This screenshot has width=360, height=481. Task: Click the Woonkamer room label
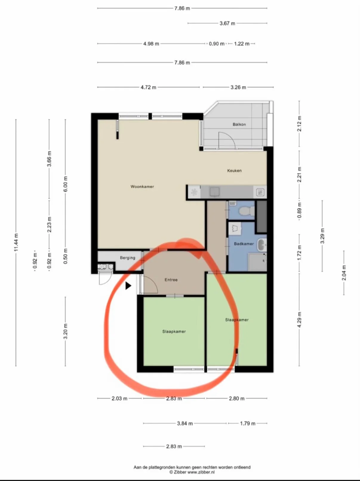[142, 187]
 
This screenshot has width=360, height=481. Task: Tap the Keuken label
[234, 170]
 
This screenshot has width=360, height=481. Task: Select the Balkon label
[239, 124]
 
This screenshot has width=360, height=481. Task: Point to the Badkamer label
[244, 244]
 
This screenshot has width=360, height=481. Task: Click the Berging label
[127, 258]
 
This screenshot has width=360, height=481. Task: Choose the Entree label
[171, 280]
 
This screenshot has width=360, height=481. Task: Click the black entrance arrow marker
[128, 286]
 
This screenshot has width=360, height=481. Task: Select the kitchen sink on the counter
[215, 192]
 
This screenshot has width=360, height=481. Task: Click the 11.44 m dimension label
[16, 242]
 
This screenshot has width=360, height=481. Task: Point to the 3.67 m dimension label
[227, 23]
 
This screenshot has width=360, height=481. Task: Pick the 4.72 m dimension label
[148, 87]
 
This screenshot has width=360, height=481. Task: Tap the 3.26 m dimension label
[238, 87]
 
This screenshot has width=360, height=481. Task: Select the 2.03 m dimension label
[119, 398]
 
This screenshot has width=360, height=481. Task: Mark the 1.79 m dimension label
[248, 423]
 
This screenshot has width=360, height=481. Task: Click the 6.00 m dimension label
[65, 184]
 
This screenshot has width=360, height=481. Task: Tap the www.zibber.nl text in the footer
[201, 472]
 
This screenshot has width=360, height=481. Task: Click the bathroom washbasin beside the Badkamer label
[262, 245]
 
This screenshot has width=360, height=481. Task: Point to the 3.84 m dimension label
[185, 423]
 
